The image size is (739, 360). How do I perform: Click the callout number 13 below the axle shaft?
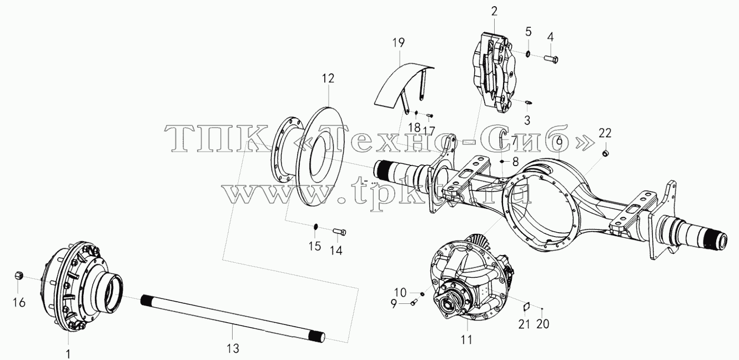tap(233, 348)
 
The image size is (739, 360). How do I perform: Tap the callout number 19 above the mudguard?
tap(399, 43)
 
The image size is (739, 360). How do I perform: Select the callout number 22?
tap(605, 133)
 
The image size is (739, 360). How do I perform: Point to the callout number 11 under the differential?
tap(467, 339)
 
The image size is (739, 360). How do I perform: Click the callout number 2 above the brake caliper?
tap(494, 12)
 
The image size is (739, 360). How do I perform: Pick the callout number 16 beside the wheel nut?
tap(19, 302)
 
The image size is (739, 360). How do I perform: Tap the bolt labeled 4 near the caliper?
tap(550, 60)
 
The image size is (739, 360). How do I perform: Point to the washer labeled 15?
tap(315, 227)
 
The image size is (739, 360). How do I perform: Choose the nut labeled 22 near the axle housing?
tap(605, 153)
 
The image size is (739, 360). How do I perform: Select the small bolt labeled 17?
tap(430, 116)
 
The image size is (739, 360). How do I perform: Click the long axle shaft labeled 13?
tap(233, 318)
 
